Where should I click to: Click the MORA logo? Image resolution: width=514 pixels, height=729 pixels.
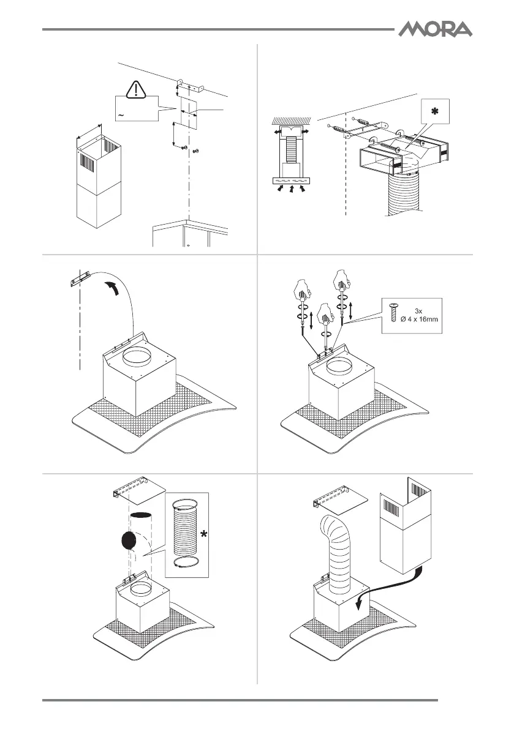pos(436,29)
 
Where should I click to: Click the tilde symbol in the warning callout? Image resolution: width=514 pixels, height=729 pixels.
pos(121,114)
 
